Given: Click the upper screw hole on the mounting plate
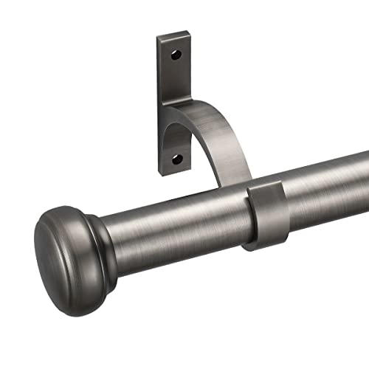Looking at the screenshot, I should (177, 55).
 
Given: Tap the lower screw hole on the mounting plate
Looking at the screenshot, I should (176, 158).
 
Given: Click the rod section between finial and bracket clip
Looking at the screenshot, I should (177, 221).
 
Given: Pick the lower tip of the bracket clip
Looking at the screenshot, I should (255, 245).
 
